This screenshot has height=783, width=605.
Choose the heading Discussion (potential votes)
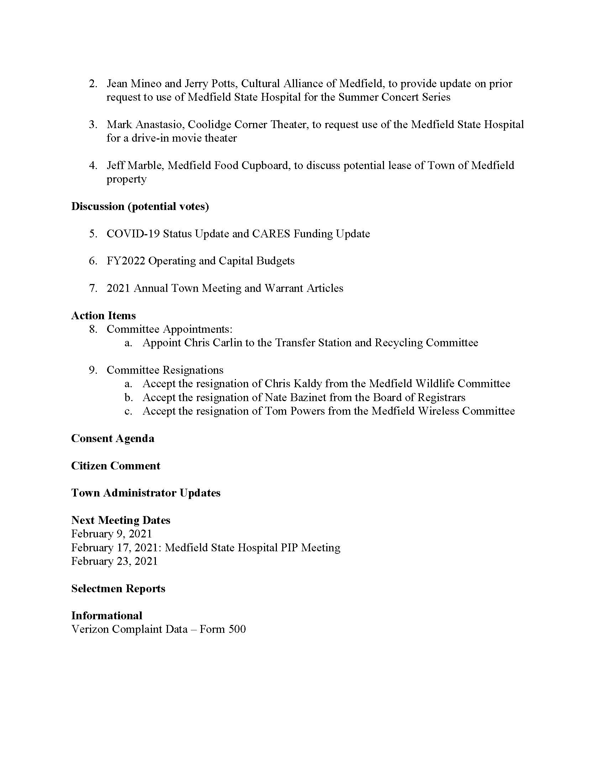click(x=140, y=206)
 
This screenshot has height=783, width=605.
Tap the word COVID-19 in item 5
click(x=133, y=234)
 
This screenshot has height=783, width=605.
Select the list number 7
click(x=93, y=288)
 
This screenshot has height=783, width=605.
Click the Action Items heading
click(x=104, y=315)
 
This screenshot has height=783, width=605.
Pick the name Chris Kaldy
click(x=293, y=384)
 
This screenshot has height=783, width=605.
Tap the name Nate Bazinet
click(x=295, y=397)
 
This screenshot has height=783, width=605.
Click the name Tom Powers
click(x=294, y=411)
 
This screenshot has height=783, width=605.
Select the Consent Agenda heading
click(x=112, y=438)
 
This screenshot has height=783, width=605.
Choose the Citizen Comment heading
click(x=116, y=466)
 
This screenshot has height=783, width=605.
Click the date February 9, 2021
click(x=111, y=534)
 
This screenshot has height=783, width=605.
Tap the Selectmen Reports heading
click(x=118, y=588)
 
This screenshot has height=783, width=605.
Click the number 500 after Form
click(x=237, y=629)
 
